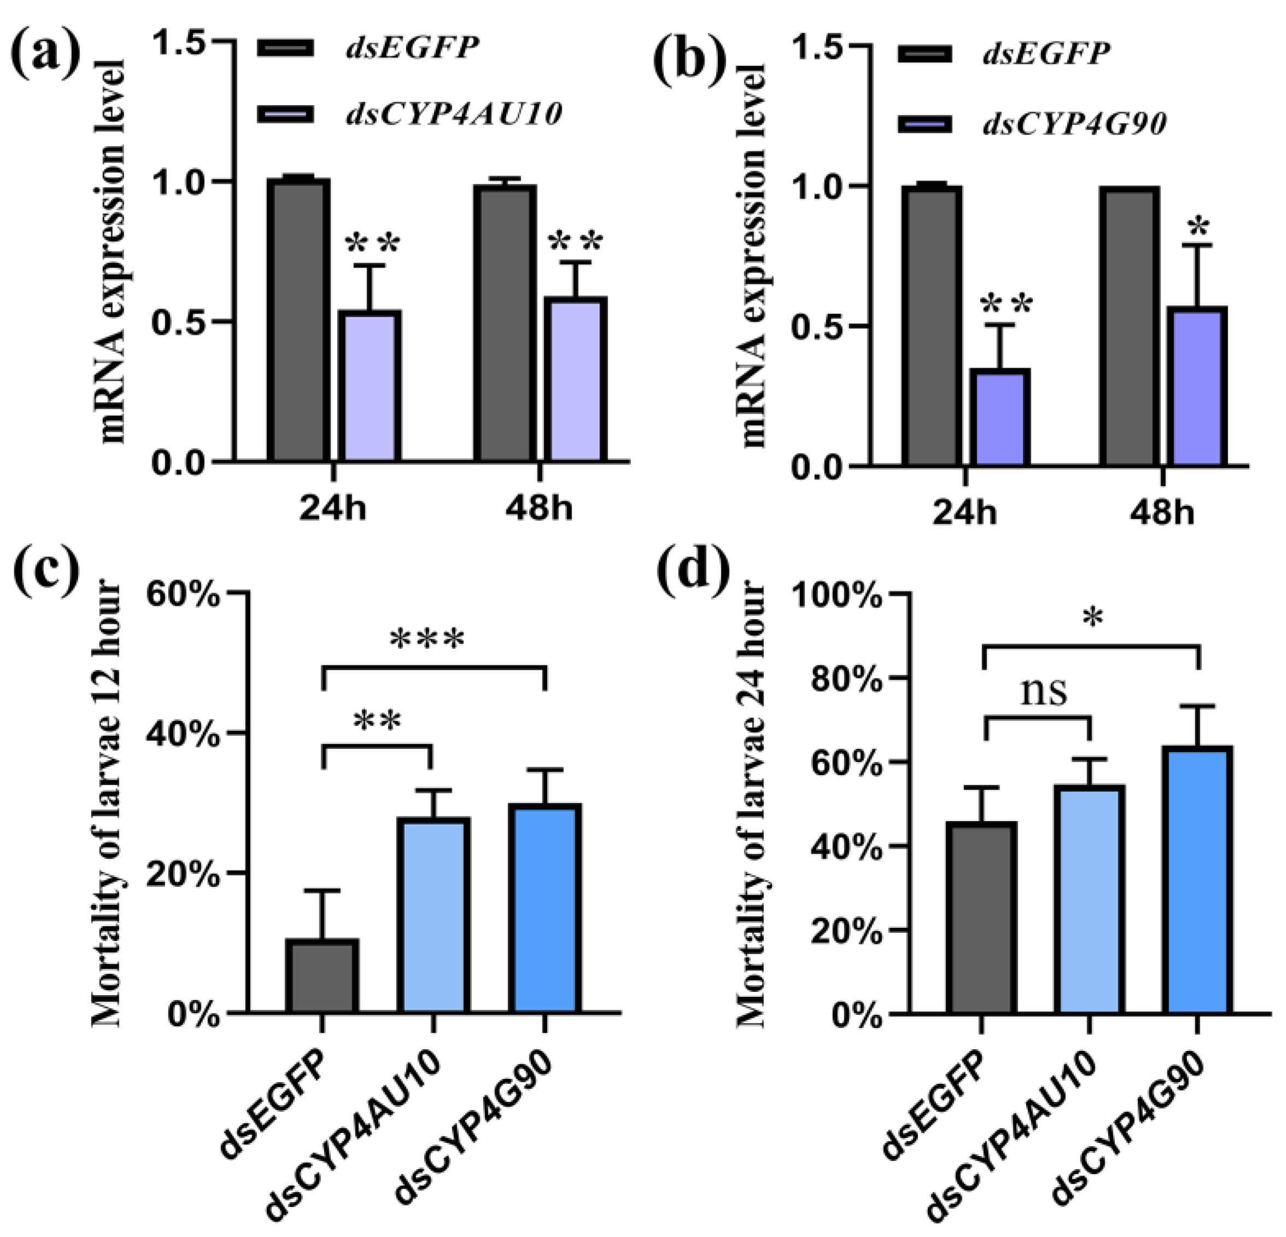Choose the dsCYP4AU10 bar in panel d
[x=1090, y=899]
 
